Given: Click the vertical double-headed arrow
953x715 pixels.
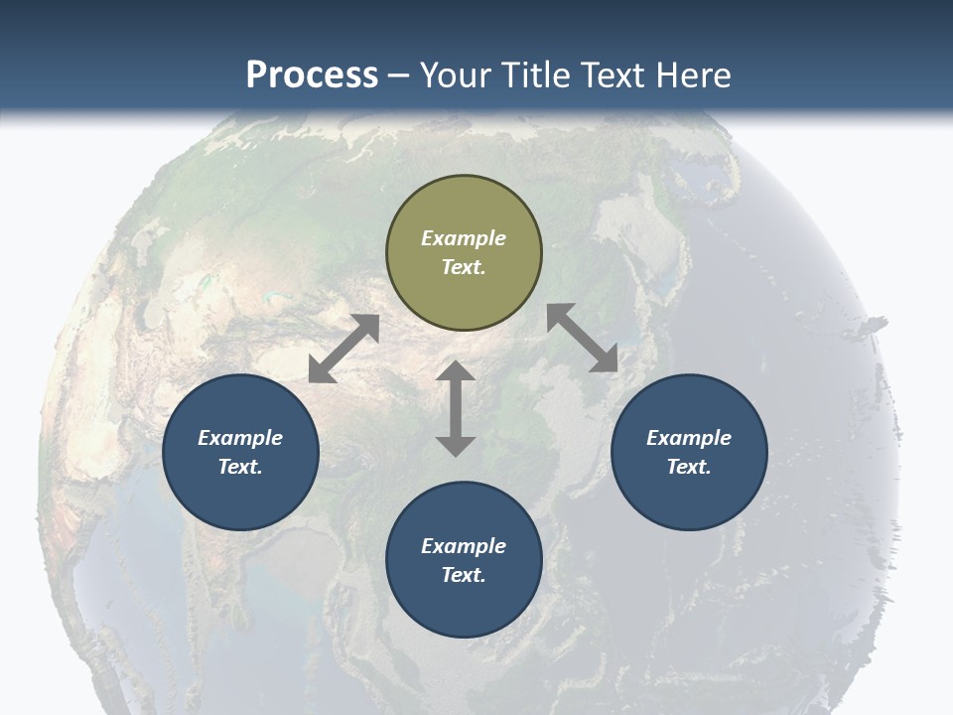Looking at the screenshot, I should [x=456, y=408].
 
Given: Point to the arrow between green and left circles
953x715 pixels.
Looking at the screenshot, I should [x=343, y=349].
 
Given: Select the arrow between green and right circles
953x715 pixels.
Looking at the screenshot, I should [x=582, y=338].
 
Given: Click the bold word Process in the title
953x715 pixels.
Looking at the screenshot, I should [x=312, y=74].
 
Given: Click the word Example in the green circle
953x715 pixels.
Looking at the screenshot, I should [x=464, y=238].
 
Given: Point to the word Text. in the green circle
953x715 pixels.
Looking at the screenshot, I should [x=464, y=267].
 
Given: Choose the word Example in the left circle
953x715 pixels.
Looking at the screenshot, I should [x=240, y=438].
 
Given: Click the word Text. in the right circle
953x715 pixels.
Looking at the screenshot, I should [x=689, y=467].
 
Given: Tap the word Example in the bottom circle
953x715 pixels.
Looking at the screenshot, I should [x=464, y=546].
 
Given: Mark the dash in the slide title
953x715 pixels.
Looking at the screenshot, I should [x=398, y=75].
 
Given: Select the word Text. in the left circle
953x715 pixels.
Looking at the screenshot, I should [x=240, y=467].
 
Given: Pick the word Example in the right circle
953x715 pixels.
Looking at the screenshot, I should [x=689, y=438].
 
